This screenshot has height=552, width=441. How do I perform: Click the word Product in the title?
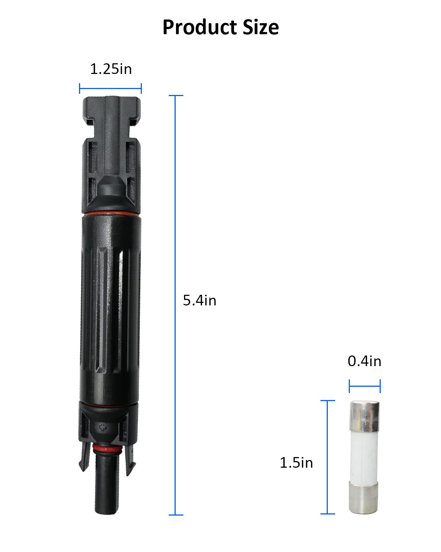[x=200, y=27]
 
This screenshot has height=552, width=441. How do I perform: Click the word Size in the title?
[x=261, y=27]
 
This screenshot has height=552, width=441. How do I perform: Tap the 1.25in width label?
[x=111, y=69]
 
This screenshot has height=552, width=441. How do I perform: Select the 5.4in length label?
[x=199, y=300]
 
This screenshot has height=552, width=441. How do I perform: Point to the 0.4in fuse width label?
[x=365, y=361]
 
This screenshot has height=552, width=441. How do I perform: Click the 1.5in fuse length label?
[x=296, y=463]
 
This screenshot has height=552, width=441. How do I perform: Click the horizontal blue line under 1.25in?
[x=110, y=88]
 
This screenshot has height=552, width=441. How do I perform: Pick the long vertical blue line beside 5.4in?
[x=175, y=305]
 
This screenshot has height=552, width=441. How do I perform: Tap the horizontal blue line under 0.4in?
[x=365, y=386]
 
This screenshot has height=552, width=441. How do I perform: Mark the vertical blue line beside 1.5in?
[x=327, y=457]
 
